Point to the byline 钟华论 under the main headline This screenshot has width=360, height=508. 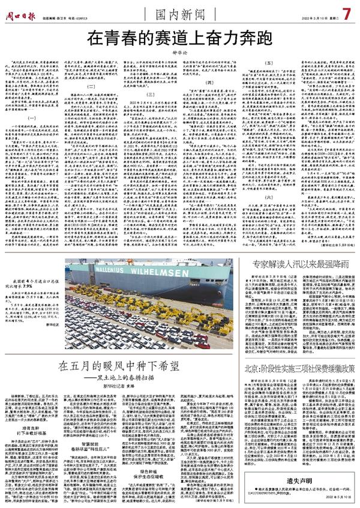(x=180, y=52)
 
